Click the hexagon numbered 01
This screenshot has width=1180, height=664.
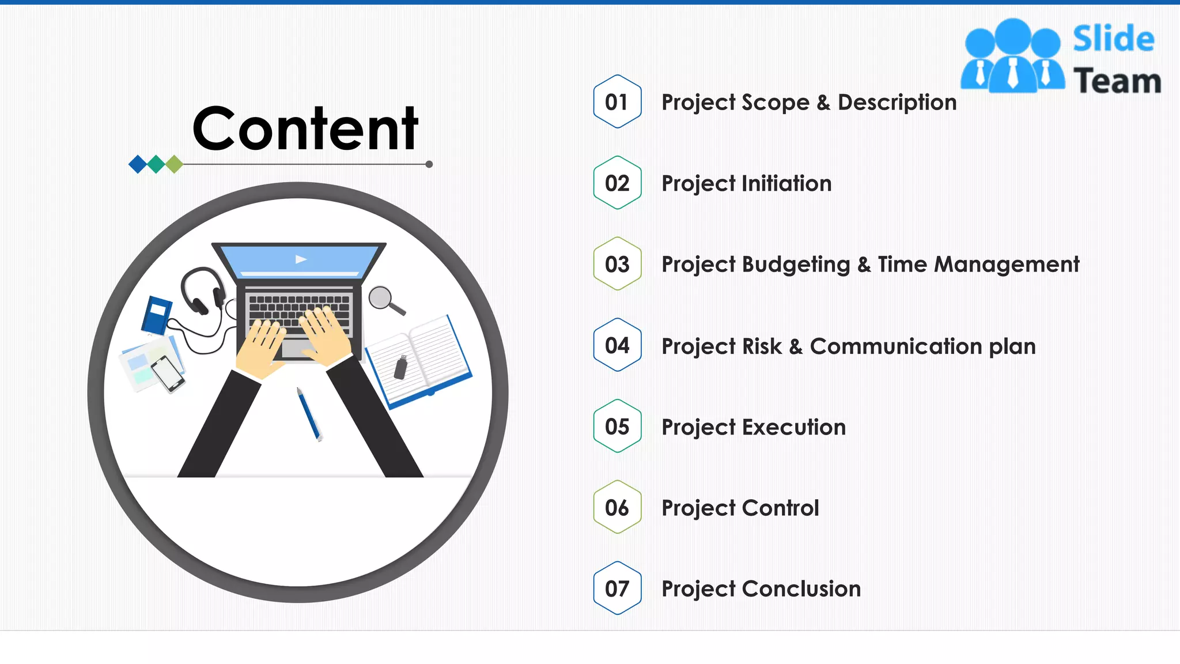tap(617, 101)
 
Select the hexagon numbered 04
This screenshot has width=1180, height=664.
tap(617, 345)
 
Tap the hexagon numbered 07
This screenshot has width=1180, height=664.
tap(617, 588)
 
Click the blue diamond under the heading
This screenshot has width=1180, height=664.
tap(138, 164)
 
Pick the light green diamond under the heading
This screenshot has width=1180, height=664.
tap(174, 164)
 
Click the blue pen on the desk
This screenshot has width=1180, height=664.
tap(309, 414)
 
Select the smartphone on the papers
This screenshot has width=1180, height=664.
tap(168, 373)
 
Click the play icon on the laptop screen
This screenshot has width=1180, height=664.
tap(301, 259)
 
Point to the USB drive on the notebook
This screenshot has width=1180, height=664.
tap(400, 367)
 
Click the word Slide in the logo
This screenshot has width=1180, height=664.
tap(1113, 39)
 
